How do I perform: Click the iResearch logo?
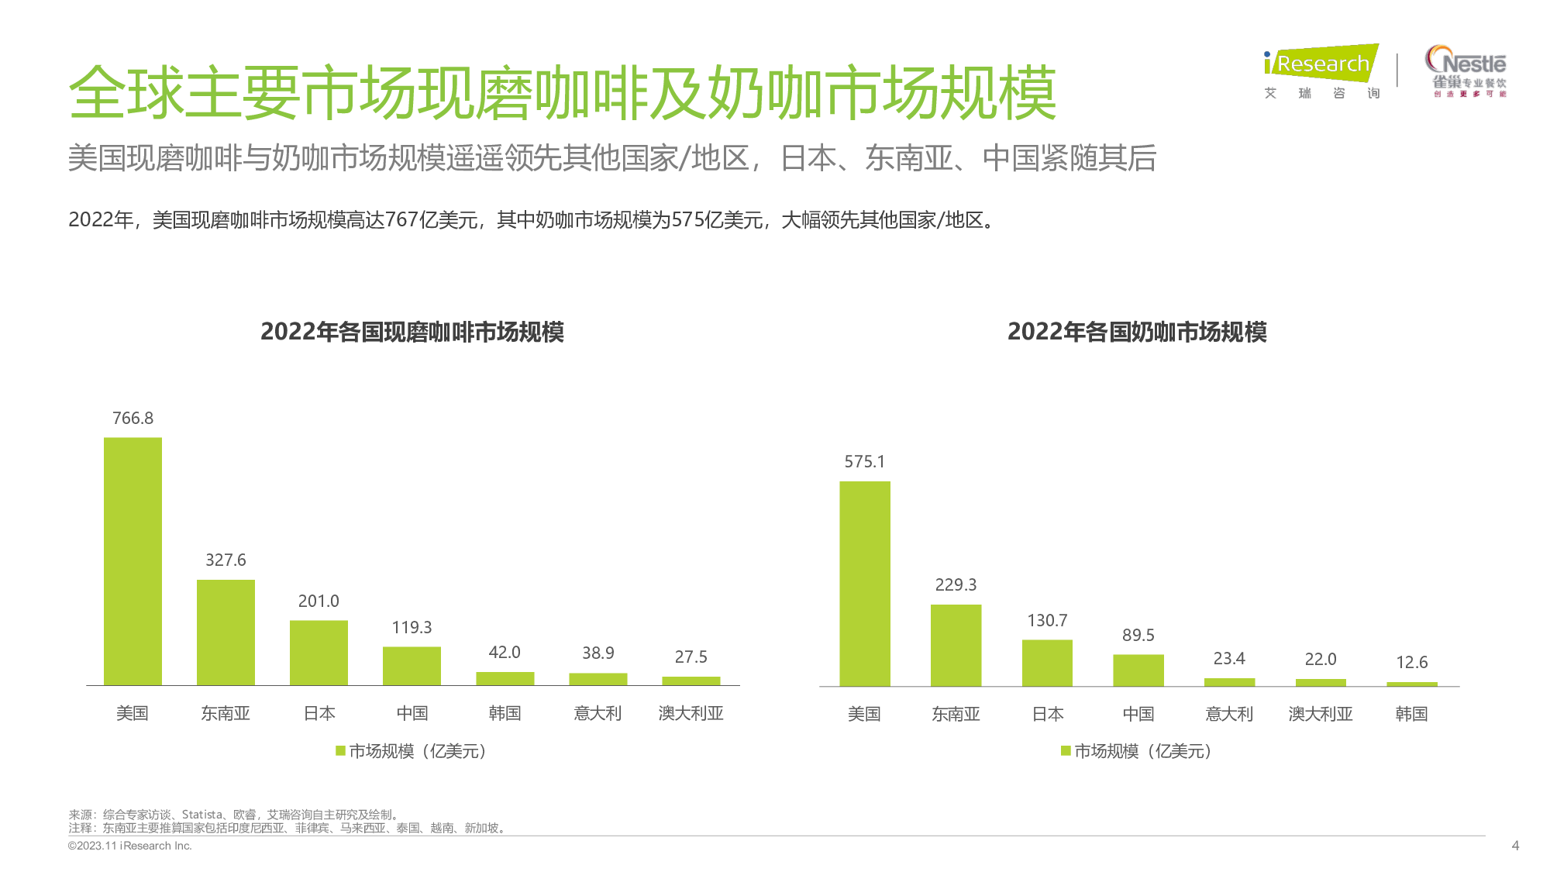[1321, 70]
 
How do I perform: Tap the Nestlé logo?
[1466, 70]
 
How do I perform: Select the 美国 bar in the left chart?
[133, 561]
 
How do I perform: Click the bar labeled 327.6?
[226, 632]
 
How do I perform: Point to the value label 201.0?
[319, 601]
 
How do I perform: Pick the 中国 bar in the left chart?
[412, 666]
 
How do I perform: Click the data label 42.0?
[505, 653]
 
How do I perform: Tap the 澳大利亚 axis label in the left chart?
[691, 713]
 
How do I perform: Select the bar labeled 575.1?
[865, 584]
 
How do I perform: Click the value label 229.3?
[956, 585]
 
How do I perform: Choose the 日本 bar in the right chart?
[1047, 663]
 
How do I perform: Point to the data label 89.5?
[1138, 636]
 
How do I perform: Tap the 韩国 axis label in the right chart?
[1411, 714]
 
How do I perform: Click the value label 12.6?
[1411, 663]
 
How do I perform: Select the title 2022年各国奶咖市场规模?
[1137, 333]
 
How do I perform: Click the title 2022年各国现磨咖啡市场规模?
[412, 333]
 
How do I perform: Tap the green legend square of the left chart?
[340, 751]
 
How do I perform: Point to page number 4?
[1515, 846]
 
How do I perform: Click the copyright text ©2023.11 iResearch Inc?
[129, 846]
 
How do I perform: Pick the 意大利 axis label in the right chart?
[1229, 714]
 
